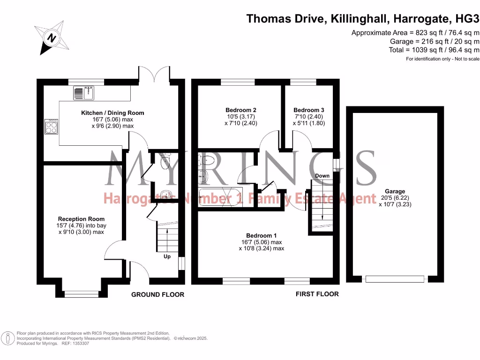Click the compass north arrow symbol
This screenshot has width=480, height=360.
(51, 36)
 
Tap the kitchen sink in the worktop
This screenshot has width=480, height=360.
(84, 94)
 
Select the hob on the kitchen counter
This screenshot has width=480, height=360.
(51, 127)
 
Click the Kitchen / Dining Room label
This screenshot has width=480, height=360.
(112, 113)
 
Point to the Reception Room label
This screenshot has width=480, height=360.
(81, 219)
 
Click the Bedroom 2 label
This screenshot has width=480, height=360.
(241, 110)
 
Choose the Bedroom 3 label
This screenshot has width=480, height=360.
(309, 110)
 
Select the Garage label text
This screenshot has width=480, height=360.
(395, 191)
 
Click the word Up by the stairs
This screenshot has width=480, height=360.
(167, 256)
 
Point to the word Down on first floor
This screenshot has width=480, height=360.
(322, 176)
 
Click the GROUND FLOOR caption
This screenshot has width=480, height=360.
(157, 295)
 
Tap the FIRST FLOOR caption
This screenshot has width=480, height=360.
(317, 294)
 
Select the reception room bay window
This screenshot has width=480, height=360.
(82, 294)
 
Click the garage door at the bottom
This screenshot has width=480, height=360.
(395, 279)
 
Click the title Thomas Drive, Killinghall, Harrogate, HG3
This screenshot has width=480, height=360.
(363, 19)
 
